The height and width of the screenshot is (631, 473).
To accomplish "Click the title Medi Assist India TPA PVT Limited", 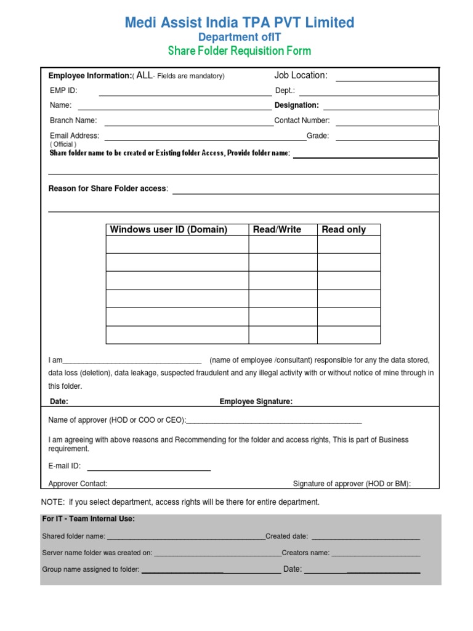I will click(240, 23).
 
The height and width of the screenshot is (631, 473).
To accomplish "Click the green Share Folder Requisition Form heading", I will click(239, 51).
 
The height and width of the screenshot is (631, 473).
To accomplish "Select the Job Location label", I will click(301, 75).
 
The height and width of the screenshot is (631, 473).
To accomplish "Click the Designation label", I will click(296, 105).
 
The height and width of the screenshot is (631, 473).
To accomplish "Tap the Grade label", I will click(318, 136).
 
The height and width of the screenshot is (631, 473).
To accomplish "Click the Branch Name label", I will click(73, 121).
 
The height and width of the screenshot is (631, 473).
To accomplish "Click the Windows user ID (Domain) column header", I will click(168, 229).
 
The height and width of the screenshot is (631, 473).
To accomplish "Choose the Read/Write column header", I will click(277, 229).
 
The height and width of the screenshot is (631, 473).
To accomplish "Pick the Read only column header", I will click(344, 229).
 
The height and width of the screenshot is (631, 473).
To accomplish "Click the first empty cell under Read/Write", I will click(283, 245).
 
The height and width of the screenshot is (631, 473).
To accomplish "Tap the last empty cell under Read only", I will click(349, 335).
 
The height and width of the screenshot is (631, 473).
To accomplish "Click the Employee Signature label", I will click(256, 402).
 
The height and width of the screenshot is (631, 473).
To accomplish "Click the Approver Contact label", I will click(78, 484).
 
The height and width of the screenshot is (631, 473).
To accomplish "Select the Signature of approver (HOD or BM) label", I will click(352, 484).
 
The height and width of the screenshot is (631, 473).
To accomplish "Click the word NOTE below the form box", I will click(52, 502).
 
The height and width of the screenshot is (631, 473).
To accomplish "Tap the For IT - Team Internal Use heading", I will click(88, 519).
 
